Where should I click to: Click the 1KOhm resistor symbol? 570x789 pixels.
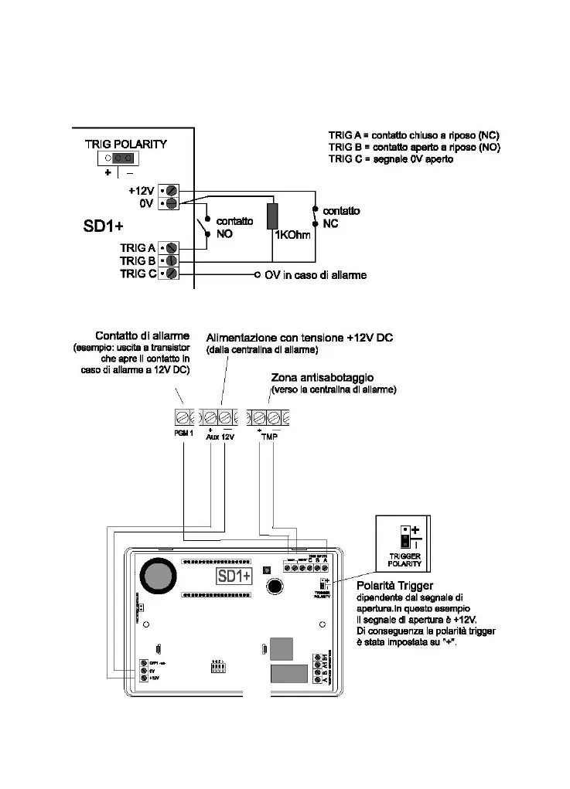(x=272, y=216)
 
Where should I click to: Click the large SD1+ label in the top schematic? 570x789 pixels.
(x=104, y=228)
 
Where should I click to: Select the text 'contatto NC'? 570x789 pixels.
(x=340, y=216)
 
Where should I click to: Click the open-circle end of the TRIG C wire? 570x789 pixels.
(x=258, y=274)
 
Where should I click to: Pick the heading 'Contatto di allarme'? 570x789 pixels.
(x=142, y=336)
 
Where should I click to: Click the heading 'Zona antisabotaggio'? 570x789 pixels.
(x=323, y=378)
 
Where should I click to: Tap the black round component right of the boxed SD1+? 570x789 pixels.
(x=275, y=587)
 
